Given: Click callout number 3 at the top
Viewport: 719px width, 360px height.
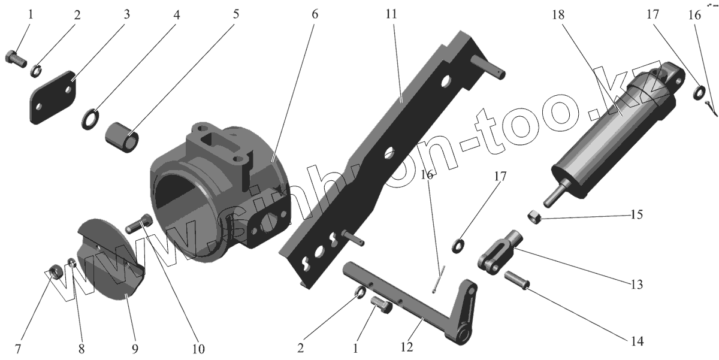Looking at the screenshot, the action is (x=126, y=14).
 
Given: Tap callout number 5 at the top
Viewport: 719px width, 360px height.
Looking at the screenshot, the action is (x=236, y=14).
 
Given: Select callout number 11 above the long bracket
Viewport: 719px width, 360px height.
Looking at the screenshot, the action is (x=391, y=14).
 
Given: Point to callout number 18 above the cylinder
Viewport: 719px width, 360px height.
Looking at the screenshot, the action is (x=558, y=15).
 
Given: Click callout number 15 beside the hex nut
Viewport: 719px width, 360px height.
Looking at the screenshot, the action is (x=636, y=214).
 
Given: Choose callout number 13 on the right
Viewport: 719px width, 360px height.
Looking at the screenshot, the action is (x=637, y=285).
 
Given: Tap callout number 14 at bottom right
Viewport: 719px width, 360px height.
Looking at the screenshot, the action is (x=637, y=341).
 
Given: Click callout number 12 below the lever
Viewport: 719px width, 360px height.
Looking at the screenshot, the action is (x=407, y=347).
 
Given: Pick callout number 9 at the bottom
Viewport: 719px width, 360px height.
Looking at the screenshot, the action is (x=135, y=349).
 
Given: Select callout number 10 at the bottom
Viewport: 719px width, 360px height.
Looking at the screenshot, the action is (x=198, y=349).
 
